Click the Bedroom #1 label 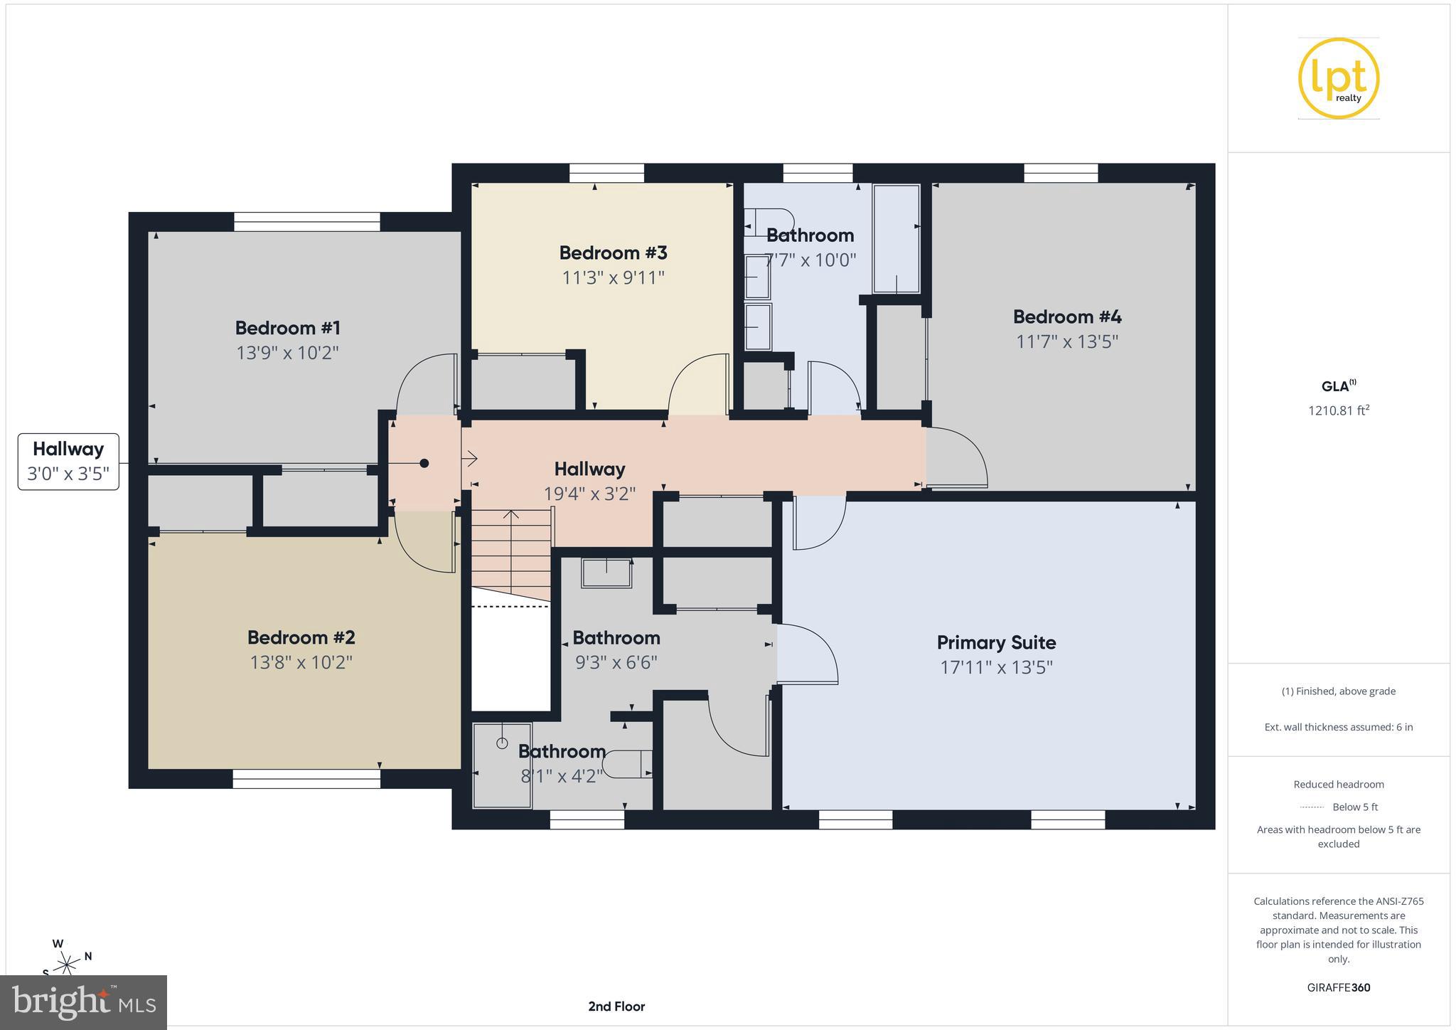coord(288,328)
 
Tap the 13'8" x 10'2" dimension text coord(301,662)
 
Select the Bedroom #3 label coord(613,253)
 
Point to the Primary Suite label coord(996,642)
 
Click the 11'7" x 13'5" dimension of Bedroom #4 coord(1066,341)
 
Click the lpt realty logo coord(1338,78)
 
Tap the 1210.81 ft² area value coord(1338,410)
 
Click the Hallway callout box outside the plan coord(68,462)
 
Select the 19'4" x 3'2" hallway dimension coord(589,494)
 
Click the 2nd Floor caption coord(616,1006)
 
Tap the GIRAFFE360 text coord(1338,987)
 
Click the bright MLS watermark coord(83,1002)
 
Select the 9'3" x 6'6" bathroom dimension coord(616,662)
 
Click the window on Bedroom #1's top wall coord(306,222)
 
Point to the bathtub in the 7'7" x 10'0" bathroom coord(896,238)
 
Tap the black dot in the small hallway coord(424,463)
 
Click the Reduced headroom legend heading coord(1338,784)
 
